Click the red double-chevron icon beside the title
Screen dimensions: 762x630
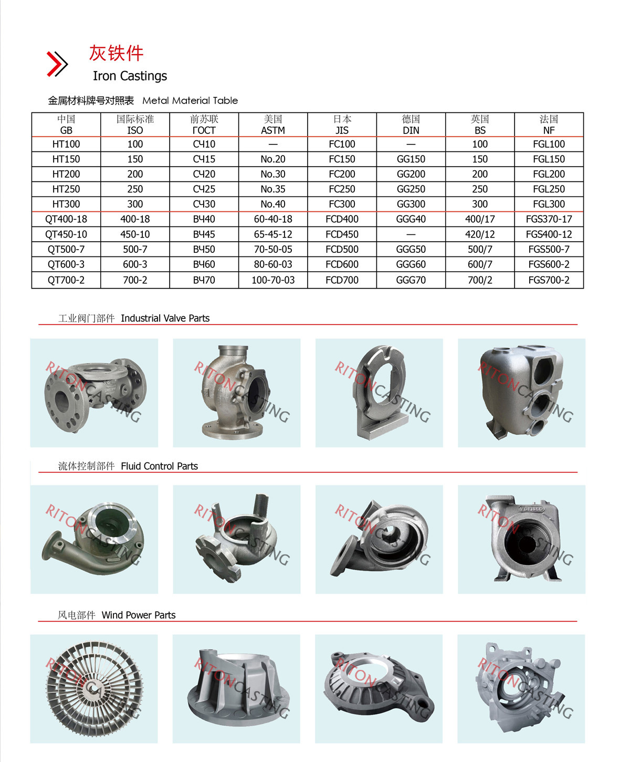coord(57,64)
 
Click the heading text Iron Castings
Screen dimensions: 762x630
coord(130,76)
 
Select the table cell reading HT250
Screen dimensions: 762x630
coord(66,189)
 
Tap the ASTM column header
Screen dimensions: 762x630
coord(273,125)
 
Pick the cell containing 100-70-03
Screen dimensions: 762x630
coord(273,280)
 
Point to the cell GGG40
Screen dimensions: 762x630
coord(411,219)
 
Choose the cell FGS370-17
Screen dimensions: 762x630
coord(549,219)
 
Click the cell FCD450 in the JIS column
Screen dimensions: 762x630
coord(342,234)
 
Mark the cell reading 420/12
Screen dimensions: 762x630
coord(480,234)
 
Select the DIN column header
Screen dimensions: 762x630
coord(411,125)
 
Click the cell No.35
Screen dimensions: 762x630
coord(273,189)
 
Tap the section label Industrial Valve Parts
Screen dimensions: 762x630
coord(165,318)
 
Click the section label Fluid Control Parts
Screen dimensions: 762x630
coord(159,466)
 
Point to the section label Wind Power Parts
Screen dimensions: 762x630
coord(139,615)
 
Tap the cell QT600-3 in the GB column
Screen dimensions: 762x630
coord(66,264)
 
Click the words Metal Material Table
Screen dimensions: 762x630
coord(190,100)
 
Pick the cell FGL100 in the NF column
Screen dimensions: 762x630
coord(549,144)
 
